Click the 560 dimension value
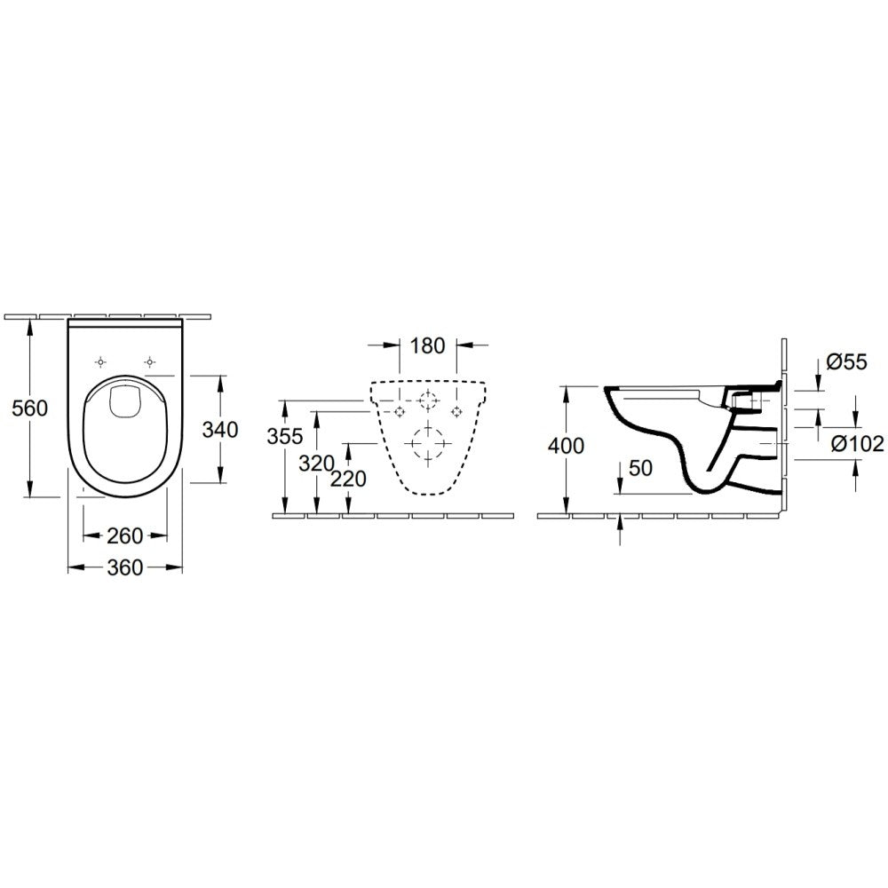pyautogui.click(x=30, y=408)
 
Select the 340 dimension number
pyautogui.click(x=220, y=430)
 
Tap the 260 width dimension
pyautogui.click(x=125, y=535)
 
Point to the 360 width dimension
pyautogui.click(x=125, y=567)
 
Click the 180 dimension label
pyautogui.click(x=428, y=345)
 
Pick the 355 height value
pyautogui.click(x=285, y=436)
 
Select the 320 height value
pyautogui.click(x=317, y=464)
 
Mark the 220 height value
pyautogui.click(x=348, y=480)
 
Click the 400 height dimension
pyautogui.click(x=566, y=447)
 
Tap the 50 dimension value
pyautogui.click(x=640, y=468)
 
